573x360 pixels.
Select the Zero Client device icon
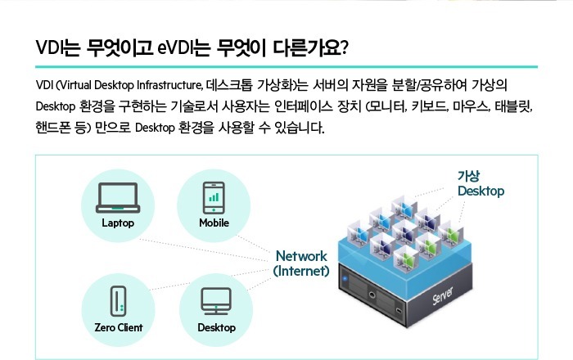click(x=118, y=300)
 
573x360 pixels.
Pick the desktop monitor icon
click(x=216, y=301)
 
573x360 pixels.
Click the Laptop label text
click(x=118, y=223)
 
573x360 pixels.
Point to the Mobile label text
click(x=214, y=223)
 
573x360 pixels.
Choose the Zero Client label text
click(x=118, y=327)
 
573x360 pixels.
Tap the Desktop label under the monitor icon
click(x=216, y=327)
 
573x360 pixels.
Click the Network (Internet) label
click(x=301, y=263)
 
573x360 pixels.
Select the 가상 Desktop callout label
click(x=481, y=184)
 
